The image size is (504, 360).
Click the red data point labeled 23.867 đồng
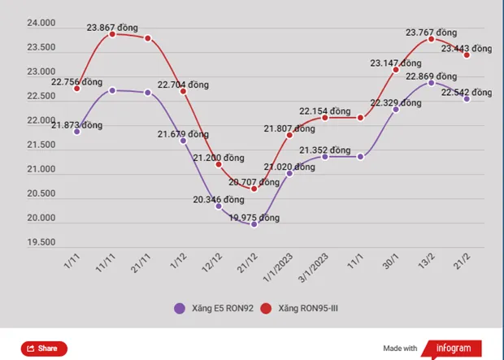(x=112, y=34)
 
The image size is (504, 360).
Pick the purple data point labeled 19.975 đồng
(x=254, y=223)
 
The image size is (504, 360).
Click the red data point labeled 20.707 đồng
(x=254, y=189)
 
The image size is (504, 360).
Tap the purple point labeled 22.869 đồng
(x=432, y=82)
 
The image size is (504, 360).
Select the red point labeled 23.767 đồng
(x=432, y=39)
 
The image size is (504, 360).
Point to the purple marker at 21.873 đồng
(x=76, y=131)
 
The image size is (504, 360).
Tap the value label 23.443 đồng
(x=467, y=48)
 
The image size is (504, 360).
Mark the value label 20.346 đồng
(x=218, y=198)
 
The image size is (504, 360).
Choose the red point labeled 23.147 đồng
(x=396, y=69)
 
